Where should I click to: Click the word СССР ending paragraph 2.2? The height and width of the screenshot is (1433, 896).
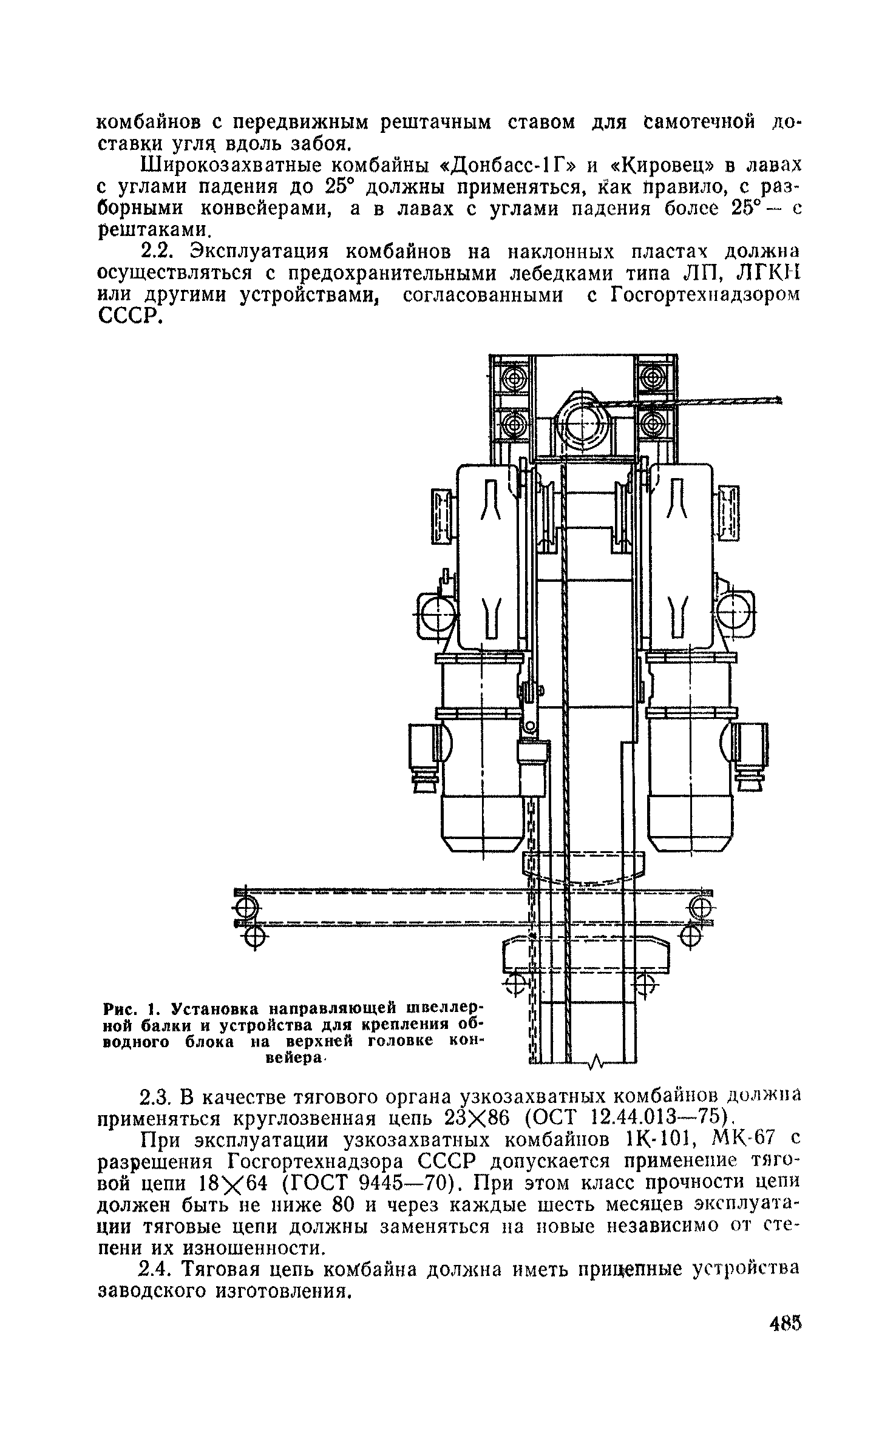coord(129,315)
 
